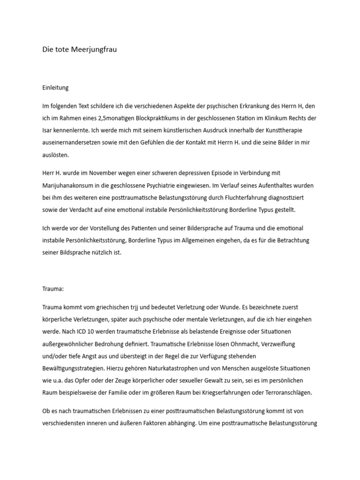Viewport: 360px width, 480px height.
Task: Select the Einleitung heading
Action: (56, 88)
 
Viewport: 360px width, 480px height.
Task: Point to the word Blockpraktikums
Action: (175, 118)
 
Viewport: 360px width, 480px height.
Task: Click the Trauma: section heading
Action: (53, 289)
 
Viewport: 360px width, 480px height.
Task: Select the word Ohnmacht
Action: (253, 344)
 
